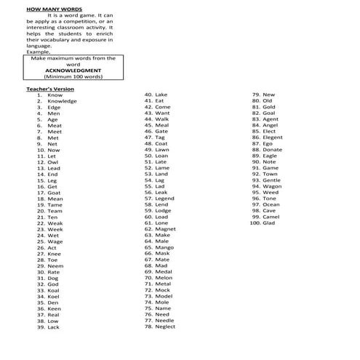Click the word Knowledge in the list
pyautogui.click(x=62, y=101)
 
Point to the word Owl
pyautogui.click(x=52, y=162)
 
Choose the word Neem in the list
pyautogui.click(x=55, y=265)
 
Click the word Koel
pyautogui.click(x=53, y=296)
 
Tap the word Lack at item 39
pyautogui.click(x=53, y=327)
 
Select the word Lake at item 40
pyautogui.click(x=161, y=95)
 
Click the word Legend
pyautogui.click(x=165, y=198)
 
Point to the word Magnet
pyautogui.click(x=166, y=229)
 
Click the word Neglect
pyautogui.click(x=166, y=327)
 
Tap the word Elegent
pyautogui.click(x=273, y=137)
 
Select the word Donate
pyautogui.click(x=273, y=149)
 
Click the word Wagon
pyautogui.click(x=272, y=186)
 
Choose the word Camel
pyautogui.click(x=271, y=217)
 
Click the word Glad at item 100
pyautogui.click(x=269, y=223)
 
